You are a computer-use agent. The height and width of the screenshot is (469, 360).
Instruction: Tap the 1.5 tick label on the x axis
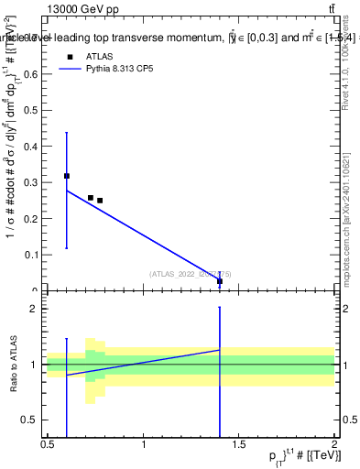tap(239, 445)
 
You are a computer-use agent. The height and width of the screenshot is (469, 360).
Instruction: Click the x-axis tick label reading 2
tap(334, 445)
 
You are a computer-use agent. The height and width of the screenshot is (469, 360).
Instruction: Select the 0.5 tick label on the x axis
tap(48, 445)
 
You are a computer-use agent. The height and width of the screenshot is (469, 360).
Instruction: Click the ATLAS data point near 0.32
tap(67, 175)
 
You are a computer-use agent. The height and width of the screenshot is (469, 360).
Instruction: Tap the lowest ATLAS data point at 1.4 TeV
tap(220, 281)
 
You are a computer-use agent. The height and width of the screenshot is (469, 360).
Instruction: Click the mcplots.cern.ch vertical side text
tap(351, 211)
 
